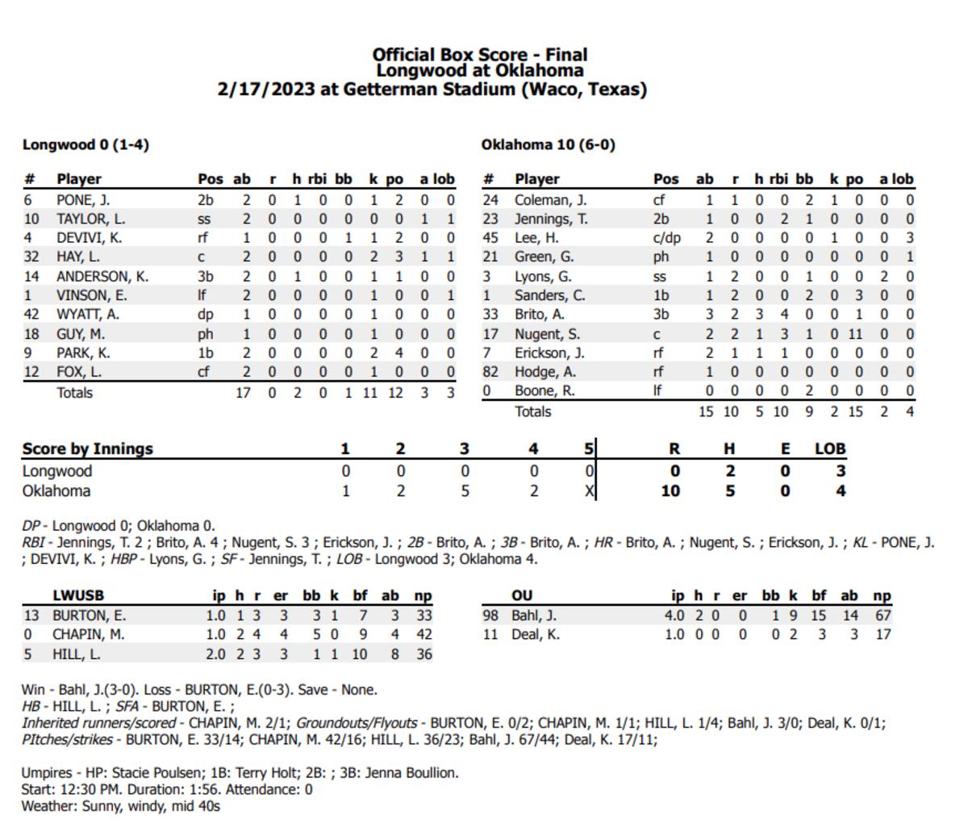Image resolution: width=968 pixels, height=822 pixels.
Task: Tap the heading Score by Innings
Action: (87, 449)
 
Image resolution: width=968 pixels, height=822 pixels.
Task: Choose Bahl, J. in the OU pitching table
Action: (534, 615)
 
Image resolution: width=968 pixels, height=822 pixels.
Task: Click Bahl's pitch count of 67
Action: (882, 615)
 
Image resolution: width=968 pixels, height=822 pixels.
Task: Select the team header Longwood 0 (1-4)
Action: (86, 145)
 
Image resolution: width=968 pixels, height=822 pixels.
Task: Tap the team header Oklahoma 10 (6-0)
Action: (548, 145)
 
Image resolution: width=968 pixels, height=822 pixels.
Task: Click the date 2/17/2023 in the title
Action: (265, 90)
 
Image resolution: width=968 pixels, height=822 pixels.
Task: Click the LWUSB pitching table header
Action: (78, 596)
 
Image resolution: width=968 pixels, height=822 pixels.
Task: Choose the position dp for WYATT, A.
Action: (204, 315)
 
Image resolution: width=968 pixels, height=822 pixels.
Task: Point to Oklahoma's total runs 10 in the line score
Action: (671, 491)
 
